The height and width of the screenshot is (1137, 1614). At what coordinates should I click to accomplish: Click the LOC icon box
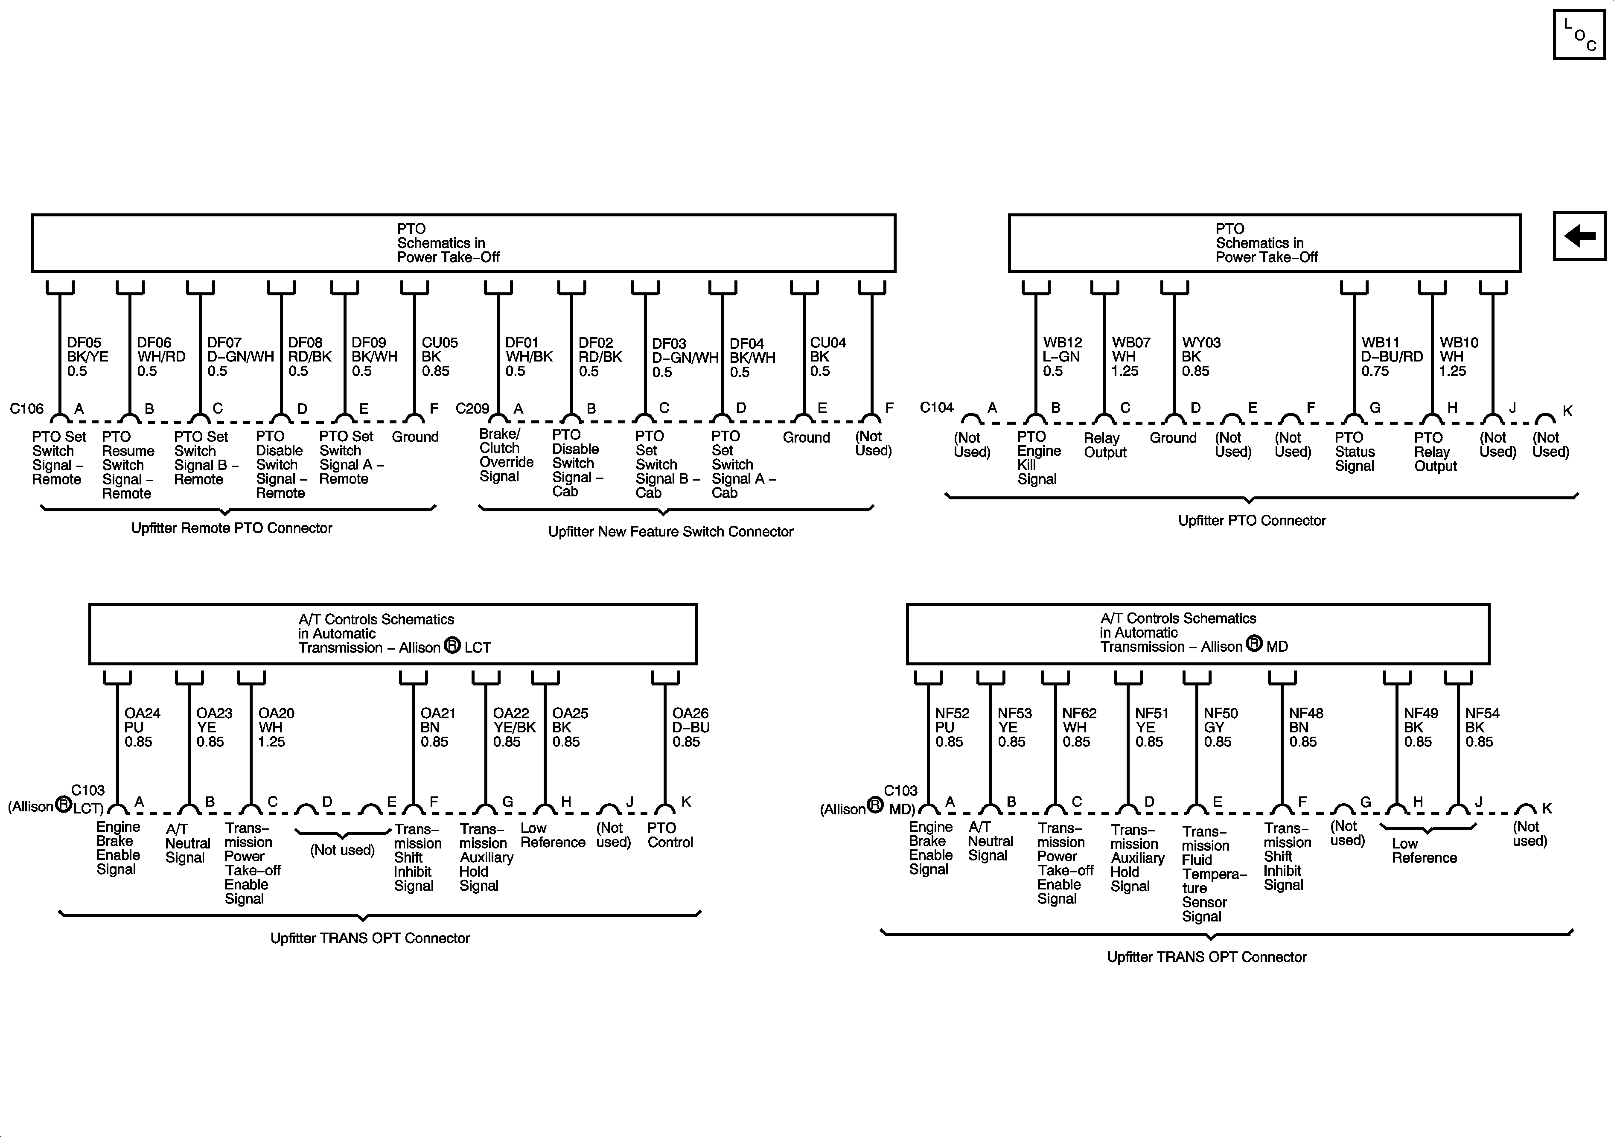(x=1579, y=35)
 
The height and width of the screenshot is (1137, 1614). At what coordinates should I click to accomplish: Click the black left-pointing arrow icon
(x=1579, y=236)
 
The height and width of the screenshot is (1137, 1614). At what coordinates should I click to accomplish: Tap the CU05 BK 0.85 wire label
(x=440, y=356)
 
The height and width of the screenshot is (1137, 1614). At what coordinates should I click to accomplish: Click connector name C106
(x=27, y=408)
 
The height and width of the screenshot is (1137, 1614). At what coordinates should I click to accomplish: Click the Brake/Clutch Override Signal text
(x=505, y=455)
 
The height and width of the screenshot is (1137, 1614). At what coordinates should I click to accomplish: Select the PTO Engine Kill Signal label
(x=1038, y=458)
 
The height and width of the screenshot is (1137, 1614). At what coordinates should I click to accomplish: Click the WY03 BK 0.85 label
(x=1200, y=356)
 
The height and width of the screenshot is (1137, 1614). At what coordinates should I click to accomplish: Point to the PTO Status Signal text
(x=1354, y=452)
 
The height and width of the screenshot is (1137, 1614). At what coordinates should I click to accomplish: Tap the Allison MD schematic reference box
(x=1197, y=633)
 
